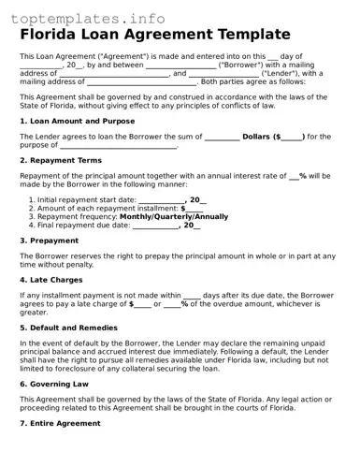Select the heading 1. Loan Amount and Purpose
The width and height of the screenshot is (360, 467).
pos(78,121)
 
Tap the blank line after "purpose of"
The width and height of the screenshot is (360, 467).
pos(118,145)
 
